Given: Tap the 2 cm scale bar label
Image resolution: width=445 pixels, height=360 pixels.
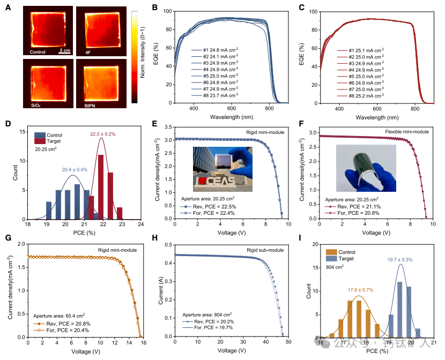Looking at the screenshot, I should (x=65, y=50).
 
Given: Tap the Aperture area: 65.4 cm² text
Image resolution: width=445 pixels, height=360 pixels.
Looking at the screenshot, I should (x=60, y=317).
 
